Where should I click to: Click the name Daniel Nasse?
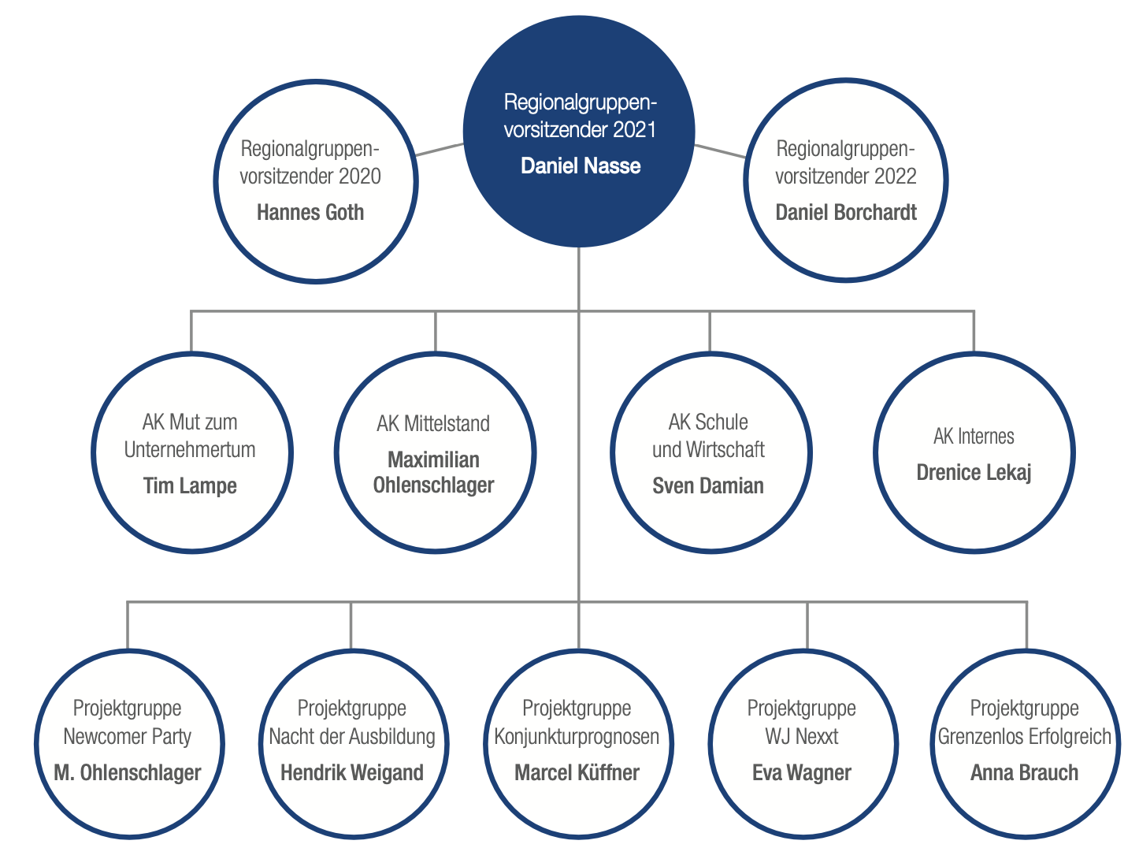click(581, 166)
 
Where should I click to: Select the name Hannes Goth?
click(310, 213)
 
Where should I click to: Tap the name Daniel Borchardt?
click(846, 212)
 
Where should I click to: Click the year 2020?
click(360, 177)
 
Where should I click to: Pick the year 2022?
click(895, 177)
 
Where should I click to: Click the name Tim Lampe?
click(190, 486)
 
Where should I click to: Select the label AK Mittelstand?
click(433, 423)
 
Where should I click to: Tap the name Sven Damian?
click(708, 486)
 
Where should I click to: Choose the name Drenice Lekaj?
click(974, 473)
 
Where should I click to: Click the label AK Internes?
click(974, 437)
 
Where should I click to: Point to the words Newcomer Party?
click(127, 737)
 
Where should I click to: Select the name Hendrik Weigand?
click(352, 773)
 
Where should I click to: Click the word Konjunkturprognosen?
click(577, 737)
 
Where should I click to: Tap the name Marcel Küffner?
click(577, 773)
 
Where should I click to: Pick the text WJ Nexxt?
click(801, 737)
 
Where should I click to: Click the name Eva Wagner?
click(801, 773)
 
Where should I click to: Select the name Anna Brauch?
click(1024, 773)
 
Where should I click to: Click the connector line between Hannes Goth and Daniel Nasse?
click(439, 150)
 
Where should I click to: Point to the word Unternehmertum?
click(190, 450)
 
